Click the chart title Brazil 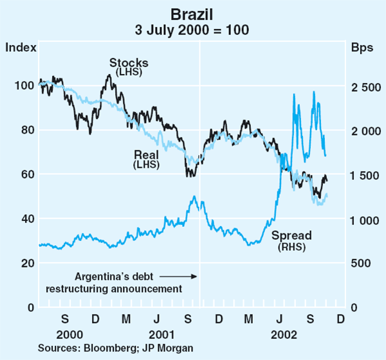pyautogui.click(x=193, y=14)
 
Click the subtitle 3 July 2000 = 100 pyautogui.click(x=193, y=30)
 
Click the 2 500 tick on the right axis pyautogui.click(x=364, y=86)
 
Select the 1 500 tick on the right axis pyautogui.click(x=364, y=175)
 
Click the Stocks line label pyautogui.click(x=129, y=63)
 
